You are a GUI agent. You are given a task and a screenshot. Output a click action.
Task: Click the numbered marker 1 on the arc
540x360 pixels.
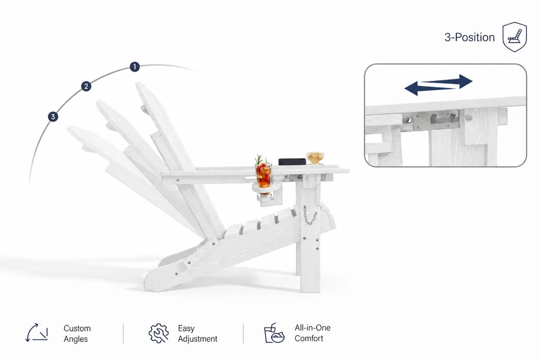pos(135,67)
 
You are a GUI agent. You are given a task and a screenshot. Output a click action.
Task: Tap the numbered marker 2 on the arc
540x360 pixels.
pos(86,86)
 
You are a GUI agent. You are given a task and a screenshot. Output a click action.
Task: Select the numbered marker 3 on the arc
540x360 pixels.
pos(53,117)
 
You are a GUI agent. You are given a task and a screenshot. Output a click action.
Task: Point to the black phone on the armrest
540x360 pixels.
pos(292,162)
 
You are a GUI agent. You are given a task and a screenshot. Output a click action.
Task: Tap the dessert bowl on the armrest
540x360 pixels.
pos(315,158)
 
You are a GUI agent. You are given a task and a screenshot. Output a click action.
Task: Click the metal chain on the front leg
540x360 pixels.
pos(309,215)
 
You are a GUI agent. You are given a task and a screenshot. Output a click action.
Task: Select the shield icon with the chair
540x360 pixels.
pos(515,37)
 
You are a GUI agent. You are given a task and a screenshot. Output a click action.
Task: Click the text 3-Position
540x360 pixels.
pos(469,37)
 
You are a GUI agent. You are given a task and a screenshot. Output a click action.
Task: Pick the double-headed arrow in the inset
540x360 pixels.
pos(438,85)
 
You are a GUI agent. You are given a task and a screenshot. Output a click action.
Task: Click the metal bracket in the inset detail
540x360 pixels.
pos(436,120)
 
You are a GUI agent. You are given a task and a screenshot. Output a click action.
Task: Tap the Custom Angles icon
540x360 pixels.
pos(37,333)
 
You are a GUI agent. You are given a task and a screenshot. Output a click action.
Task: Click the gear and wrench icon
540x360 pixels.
pos(159,333)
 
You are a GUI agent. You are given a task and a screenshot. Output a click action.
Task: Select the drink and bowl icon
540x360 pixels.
pos(274,333)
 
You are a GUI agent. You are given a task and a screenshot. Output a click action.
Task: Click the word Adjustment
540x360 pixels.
pos(197,339)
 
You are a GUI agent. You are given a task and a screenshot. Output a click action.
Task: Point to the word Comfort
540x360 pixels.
pos(309,338)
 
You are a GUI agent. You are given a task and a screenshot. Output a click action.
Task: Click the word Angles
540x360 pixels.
pos(76,339)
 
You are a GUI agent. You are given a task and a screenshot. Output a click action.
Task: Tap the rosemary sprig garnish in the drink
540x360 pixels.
pos(259,159)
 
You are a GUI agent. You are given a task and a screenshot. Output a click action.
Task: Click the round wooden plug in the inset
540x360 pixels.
pos(468,118)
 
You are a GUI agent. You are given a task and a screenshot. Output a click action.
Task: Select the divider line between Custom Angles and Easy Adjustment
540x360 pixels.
pos(123,333)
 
